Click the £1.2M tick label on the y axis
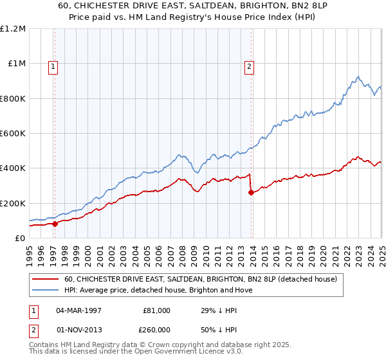[x=13, y=29]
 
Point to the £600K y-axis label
[x=13, y=134]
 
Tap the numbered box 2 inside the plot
[x=249, y=65]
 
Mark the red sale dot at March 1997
[x=55, y=224]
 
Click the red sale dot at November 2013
[x=251, y=193]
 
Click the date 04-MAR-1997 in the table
[x=78, y=310]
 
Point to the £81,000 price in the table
[x=156, y=310]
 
